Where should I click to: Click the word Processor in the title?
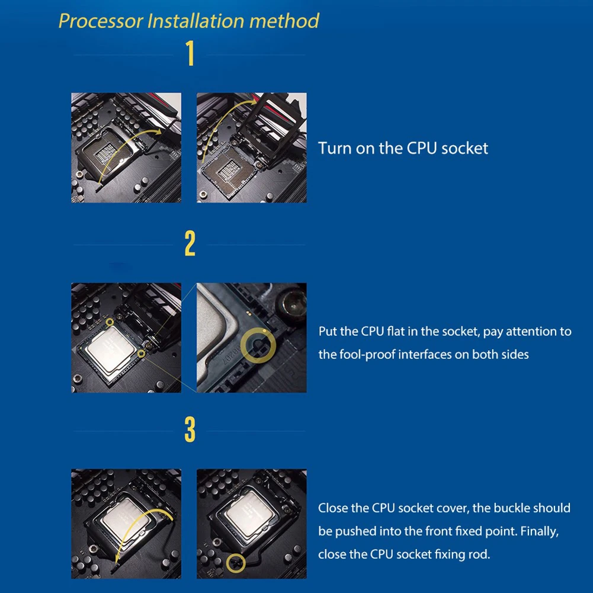click(x=101, y=21)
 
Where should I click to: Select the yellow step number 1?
click(x=190, y=54)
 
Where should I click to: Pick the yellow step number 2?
click(x=190, y=244)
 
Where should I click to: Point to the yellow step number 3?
click(x=190, y=429)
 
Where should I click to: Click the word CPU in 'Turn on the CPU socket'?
click(x=422, y=148)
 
